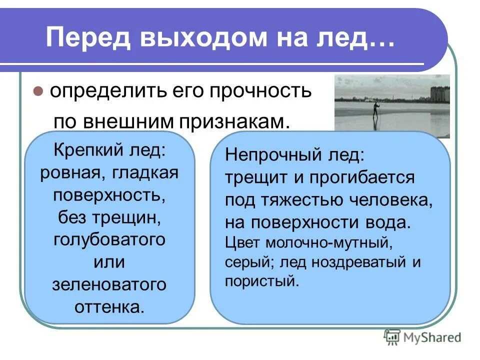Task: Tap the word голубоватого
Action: pos(109,239)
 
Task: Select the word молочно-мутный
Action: pos(327,243)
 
